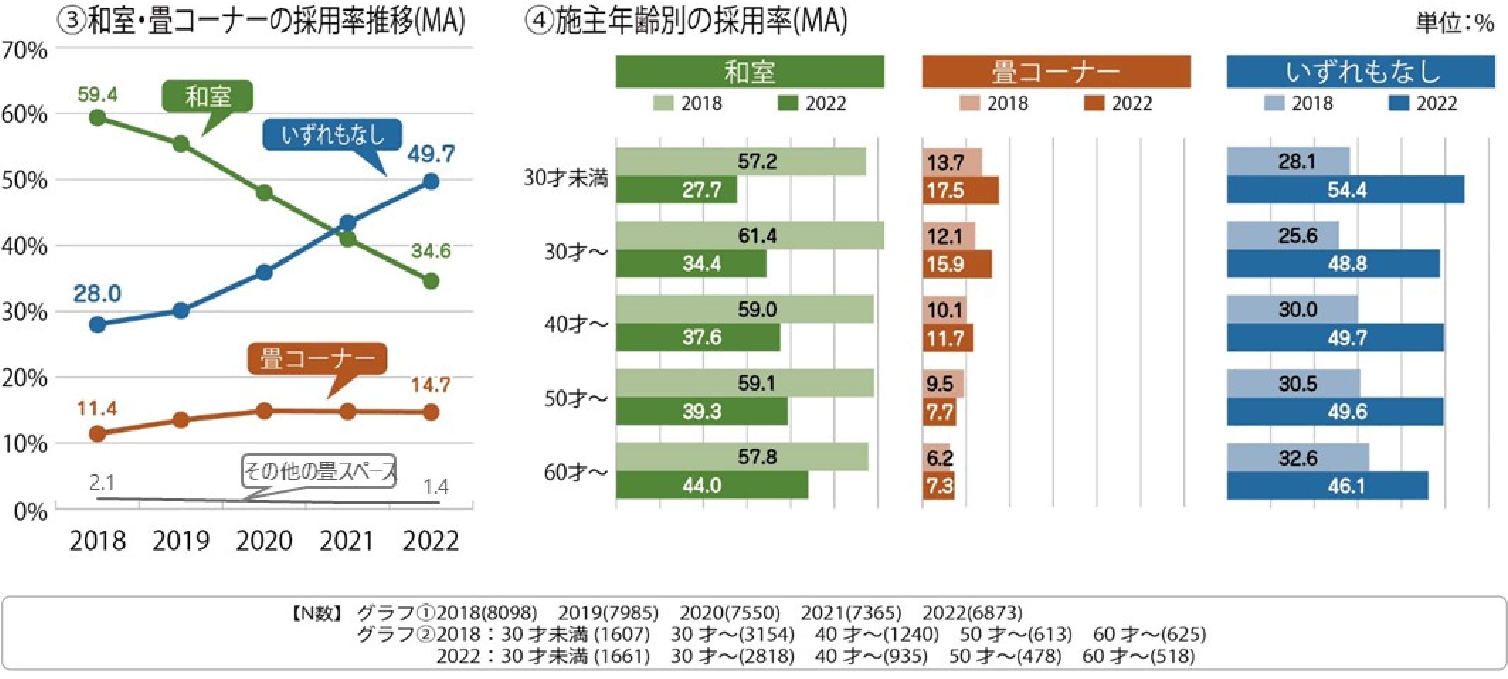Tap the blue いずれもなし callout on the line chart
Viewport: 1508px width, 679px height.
pos(332,135)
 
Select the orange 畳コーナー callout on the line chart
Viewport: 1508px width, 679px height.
pos(317,358)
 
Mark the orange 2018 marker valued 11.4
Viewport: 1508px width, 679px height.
pos(98,434)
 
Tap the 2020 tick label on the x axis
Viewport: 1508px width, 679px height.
pos(264,541)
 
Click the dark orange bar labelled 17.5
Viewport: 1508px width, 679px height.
pos(961,190)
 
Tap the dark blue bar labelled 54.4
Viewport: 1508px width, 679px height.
pos(1345,190)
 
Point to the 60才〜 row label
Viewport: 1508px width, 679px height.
pos(576,472)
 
